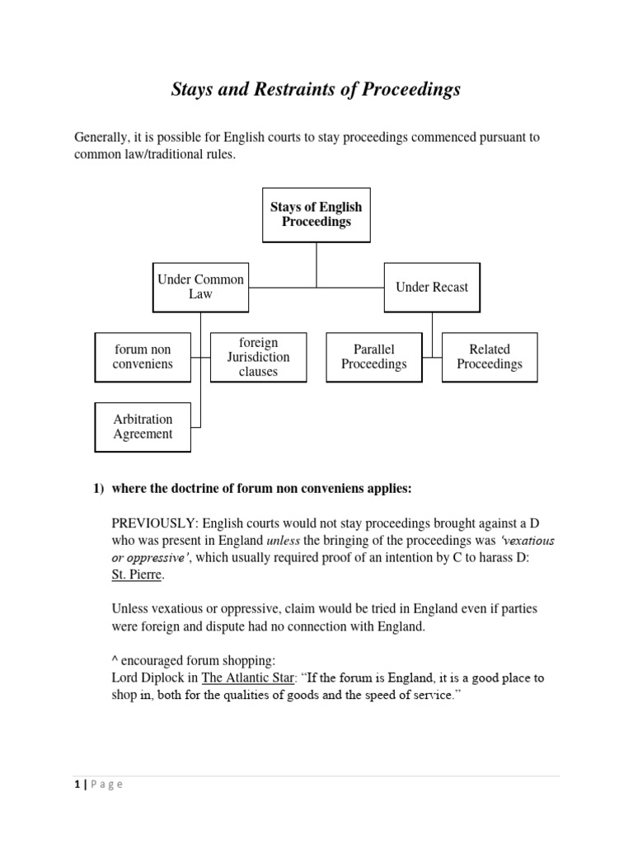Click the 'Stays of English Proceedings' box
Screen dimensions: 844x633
pyautogui.click(x=316, y=214)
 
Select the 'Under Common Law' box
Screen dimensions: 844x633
pyautogui.click(x=200, y=287)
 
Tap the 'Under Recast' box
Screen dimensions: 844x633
pyautogui.click(x=431, y=287)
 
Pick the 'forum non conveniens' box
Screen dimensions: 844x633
pyautogui.click(x=143, y=357)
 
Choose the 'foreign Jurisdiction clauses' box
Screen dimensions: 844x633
pyautogui.click(x=258, y=357)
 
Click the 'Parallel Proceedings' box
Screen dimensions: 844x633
pyautogui.click(x=373, y=357)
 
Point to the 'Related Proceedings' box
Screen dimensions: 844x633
pyautogui.click(x=490, y=357)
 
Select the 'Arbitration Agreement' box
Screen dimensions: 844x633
pyautogui.click(x=143, y=427)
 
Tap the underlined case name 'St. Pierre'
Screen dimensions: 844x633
pyautogui.click(x=138, y=574)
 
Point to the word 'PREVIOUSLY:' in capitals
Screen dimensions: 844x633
pyautogui.click(x=154, y=524)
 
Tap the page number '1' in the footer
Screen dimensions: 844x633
pyautogui.click(x=76, y=785)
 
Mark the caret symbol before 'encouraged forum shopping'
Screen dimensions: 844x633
pyautogui.click(x=115, y=660)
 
